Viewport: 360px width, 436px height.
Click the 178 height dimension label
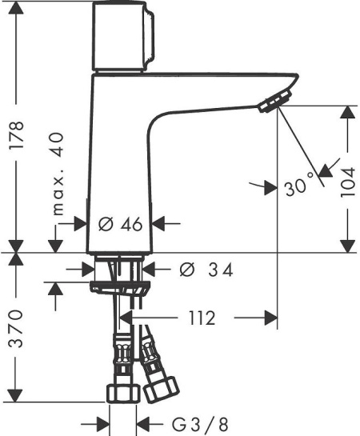17,135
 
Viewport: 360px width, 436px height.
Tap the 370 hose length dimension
15,329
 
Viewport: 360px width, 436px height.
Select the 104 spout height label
348,182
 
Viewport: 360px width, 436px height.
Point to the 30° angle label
299,184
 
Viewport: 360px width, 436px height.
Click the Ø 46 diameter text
120,224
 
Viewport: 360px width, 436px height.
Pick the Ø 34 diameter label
206,270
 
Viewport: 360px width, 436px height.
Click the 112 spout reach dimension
202,318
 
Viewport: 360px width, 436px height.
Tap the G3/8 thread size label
200,425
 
